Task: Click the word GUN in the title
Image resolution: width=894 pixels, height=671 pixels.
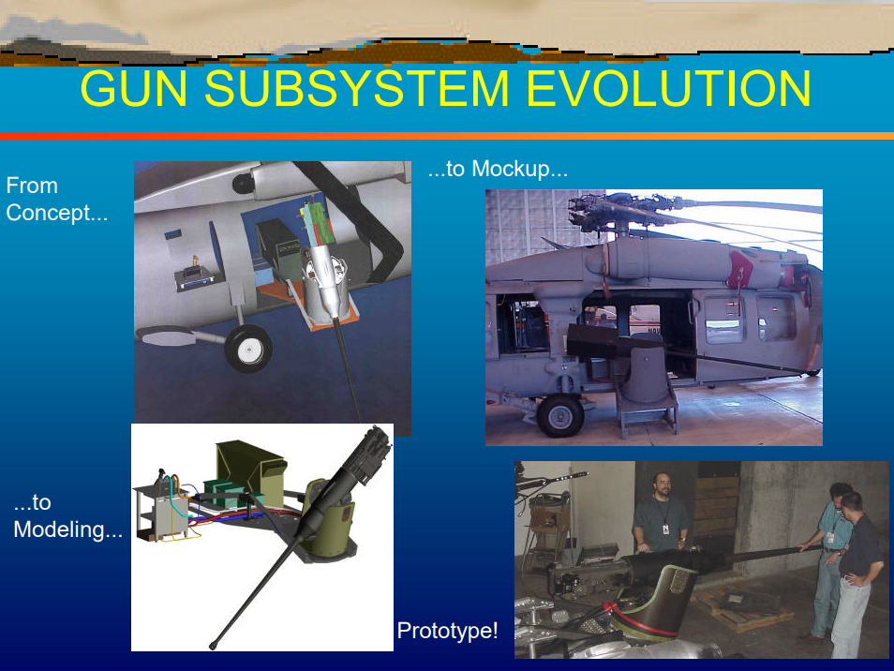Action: click(x=134, y=88)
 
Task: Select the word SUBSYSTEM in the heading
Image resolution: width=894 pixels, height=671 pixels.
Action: click(x=356, y=88)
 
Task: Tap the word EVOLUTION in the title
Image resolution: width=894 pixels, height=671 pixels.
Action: click(x=668, y=88)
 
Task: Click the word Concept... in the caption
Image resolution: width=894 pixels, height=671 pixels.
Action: click(x=57, y=214)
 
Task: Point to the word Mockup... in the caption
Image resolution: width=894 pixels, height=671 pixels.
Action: click(x=520, y=170)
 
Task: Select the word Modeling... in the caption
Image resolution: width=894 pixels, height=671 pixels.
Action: click(x=67, y=530)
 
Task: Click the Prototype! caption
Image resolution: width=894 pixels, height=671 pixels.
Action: click(x=448, y=631)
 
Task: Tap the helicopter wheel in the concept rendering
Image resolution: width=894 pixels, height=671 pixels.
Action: click(x=248, y=349)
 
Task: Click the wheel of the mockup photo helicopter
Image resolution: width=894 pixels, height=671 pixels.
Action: click(x=560, y=416)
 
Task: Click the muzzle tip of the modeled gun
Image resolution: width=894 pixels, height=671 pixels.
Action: click(x=214, y=646)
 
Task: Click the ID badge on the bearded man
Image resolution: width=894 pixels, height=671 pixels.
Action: click(x=666, y=529)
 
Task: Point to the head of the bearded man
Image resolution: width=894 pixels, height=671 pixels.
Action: click(x=662, y=485)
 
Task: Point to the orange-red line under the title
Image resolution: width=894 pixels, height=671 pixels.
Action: click(x=447, y=136)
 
